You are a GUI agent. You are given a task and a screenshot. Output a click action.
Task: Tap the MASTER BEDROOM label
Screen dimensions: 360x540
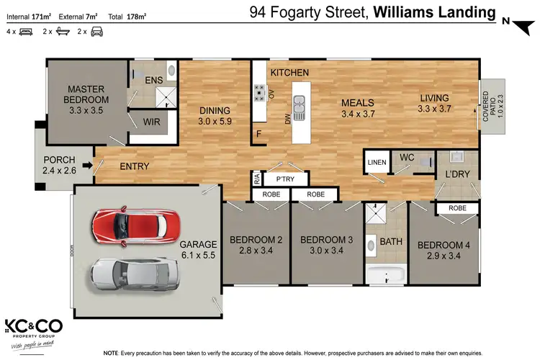86,94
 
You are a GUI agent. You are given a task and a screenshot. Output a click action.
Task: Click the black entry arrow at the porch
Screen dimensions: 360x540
87,166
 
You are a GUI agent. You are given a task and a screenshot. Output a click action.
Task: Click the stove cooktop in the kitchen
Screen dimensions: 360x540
258,91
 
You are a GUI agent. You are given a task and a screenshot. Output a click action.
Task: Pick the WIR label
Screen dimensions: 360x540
151,122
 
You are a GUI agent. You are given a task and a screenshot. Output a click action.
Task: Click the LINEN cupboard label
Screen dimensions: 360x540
375,162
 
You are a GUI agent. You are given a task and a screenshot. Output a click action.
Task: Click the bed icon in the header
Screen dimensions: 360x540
25,32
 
